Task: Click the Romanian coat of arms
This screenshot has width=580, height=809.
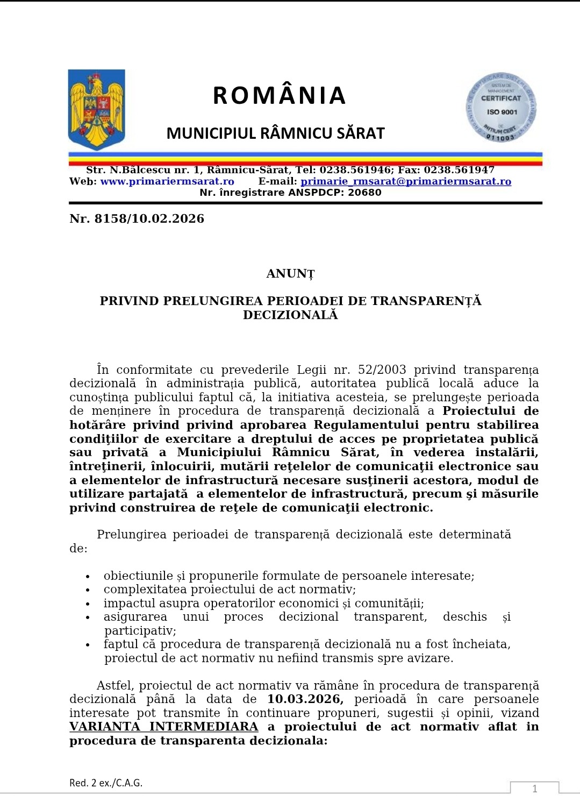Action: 97,109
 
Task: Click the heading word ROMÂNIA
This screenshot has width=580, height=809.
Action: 279,96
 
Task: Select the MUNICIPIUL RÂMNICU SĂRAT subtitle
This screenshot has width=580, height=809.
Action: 275,133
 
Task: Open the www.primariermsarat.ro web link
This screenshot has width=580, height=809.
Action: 167,181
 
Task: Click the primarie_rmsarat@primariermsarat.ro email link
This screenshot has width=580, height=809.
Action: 405,181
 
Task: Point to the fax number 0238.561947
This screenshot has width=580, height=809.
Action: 459,170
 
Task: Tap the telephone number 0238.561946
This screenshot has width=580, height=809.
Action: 355,170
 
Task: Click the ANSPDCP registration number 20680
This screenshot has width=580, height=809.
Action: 364,193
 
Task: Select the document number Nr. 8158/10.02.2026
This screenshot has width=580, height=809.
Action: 137,219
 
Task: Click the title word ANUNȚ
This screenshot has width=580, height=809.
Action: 290,274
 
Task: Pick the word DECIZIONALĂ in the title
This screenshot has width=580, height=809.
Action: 290,315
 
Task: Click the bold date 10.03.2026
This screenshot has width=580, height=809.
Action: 305,699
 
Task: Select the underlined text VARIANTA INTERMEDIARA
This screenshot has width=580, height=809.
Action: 164,727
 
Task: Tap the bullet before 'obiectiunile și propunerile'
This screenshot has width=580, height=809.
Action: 88,577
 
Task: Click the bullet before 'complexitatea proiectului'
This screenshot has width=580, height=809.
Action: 88,590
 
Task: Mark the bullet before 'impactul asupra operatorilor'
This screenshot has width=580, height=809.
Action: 88,604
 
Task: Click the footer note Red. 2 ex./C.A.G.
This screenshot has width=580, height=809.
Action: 106,783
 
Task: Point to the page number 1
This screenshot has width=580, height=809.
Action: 534,789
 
